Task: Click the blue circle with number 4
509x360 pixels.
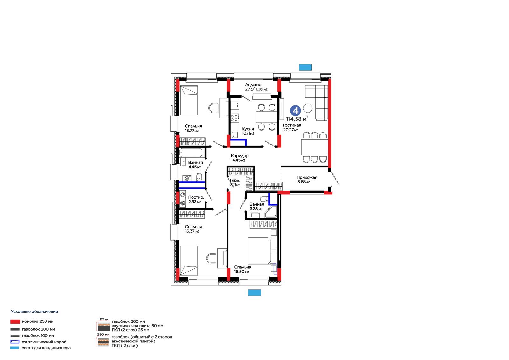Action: click(296, 111)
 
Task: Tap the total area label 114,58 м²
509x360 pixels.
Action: click(297, 119)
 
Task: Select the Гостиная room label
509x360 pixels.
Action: click(292, 125)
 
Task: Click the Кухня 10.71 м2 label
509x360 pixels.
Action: click(248, 131)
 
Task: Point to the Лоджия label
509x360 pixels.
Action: click(253, 85)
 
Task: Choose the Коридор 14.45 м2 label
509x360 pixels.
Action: click(240, 158)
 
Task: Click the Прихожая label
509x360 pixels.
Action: click(307, 177)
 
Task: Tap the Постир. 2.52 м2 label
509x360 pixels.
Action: click(196, 200)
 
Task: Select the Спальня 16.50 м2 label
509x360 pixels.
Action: click(243, 269)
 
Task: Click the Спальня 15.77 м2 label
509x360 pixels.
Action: click(193, 128)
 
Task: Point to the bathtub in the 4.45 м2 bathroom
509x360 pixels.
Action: click(191, 152)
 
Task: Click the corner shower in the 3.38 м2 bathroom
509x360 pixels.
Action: click(271, 212)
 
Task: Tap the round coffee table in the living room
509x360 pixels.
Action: click(308, 108)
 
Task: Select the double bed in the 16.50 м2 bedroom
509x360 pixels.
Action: click(262, 251)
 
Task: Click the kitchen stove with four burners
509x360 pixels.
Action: click(234, 118)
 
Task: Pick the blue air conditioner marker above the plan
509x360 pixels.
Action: click(305, 67)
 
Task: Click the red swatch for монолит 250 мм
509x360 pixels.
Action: click(15, 321)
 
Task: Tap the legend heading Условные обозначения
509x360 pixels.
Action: click(35, 312)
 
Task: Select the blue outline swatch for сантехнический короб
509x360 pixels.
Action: click(15, 342)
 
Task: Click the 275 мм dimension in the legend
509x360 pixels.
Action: click(104, 319)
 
